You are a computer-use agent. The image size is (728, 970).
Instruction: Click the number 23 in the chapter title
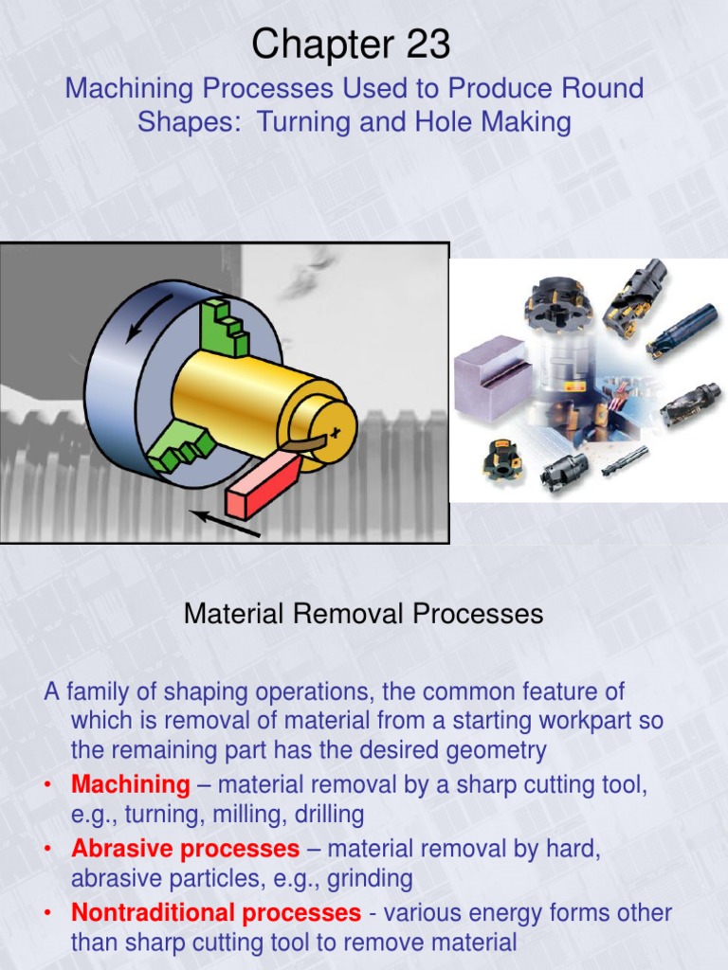coord(421,45)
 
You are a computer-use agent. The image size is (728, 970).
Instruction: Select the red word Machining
coord(131,784)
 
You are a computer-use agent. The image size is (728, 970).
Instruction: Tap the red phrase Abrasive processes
coord(185,848)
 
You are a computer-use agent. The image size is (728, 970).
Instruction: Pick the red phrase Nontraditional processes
coord(216,913)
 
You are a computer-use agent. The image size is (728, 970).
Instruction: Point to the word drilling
coord(325,815)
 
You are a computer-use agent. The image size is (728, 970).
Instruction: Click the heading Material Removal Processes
coord(363,614)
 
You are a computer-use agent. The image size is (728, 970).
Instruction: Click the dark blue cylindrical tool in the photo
coord(682,330)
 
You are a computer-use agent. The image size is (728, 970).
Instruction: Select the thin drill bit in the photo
coord(625,461)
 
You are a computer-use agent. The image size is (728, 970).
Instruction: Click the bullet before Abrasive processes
coord(49,849)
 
